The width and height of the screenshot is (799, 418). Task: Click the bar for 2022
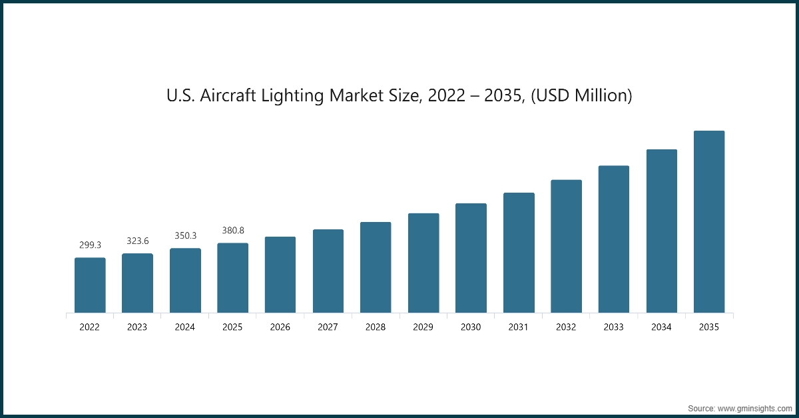pos(90,285)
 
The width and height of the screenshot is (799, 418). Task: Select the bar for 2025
pos(233,277)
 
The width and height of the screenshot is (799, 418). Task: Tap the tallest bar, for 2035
pos(709,221)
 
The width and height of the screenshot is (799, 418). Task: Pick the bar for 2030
pos(471,258)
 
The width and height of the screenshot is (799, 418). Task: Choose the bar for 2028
pos(376,267)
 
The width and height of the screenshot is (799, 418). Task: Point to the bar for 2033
pos(614,239)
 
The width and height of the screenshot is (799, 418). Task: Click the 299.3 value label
pos(90,245)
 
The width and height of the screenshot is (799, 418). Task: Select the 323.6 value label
pos(138,241)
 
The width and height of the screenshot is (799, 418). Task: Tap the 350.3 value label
pos(185,235)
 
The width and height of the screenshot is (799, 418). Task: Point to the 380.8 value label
pos(233,230)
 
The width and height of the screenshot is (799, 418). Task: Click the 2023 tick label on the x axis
pos(138,327)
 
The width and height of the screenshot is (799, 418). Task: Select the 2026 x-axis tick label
pos(280,327)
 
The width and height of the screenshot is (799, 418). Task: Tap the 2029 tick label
pos(423,327)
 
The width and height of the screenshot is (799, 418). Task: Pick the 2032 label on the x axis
pos(566,327)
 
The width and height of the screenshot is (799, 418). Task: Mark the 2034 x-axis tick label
pos(661,327)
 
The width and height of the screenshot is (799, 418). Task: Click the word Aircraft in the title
pos(224,96)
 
